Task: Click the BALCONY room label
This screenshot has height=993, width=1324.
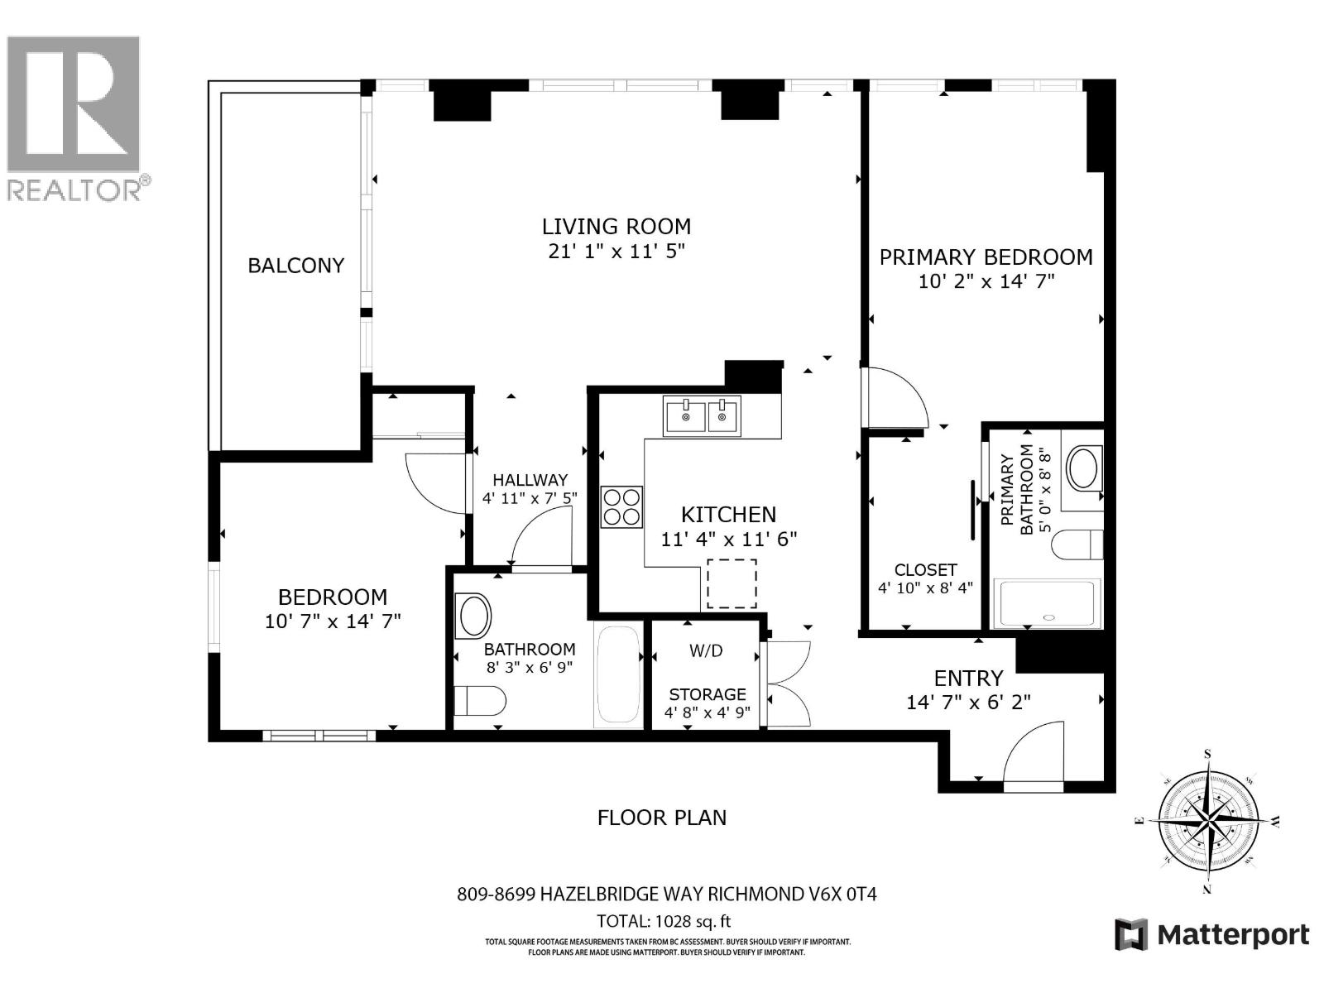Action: tap(295, 266)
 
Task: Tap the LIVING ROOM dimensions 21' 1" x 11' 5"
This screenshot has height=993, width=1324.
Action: tap(616, 251)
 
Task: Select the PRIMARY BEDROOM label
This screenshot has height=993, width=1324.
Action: tap(986, 257)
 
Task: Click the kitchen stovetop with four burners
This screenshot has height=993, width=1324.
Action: tap(621, 506)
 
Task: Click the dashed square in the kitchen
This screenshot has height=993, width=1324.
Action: tap(732, 583)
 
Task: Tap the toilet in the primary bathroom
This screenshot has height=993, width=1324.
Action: tap(1078, 544)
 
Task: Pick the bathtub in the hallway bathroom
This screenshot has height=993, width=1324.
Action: tap(618, 677)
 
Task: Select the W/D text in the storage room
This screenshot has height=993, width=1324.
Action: tap(706, 651)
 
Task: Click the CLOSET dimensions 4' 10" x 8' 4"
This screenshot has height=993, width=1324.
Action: tap(925, 588)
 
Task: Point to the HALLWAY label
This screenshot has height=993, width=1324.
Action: tap(530, 480)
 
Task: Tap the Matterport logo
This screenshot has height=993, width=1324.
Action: tap(1211, 935)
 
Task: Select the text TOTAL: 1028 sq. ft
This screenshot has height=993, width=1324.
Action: tap(664, 921)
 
